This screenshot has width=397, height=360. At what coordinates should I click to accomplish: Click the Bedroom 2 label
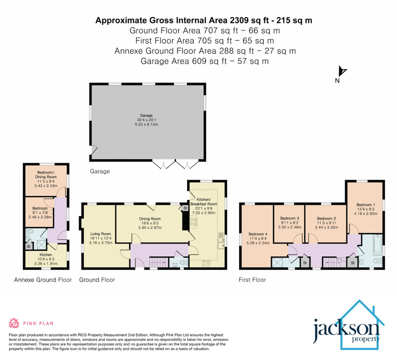pos(326,218)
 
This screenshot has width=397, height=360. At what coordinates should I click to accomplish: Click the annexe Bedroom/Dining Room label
pos(45,174)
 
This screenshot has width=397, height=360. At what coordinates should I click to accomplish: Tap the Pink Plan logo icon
pos(14,322)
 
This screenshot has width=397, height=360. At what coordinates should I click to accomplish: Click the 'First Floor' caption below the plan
pos(252,280)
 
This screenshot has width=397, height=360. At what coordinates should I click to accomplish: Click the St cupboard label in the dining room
pos(184,208)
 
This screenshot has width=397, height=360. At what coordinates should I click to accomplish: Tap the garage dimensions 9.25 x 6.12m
pos(146,123)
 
